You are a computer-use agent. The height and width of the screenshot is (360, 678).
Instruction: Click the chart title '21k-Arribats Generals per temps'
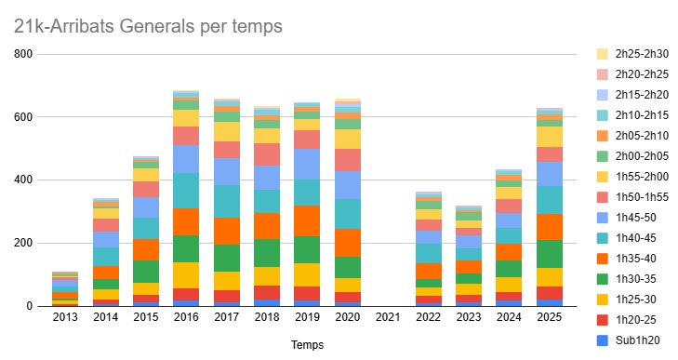(148, 26)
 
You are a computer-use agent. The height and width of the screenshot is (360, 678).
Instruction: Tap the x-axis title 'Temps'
(307, 345)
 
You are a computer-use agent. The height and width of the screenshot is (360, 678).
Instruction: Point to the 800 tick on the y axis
(23, 54)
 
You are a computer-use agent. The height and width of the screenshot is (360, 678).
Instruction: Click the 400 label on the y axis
(23, 180)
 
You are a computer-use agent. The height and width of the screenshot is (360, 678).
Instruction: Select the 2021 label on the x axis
(388, 317)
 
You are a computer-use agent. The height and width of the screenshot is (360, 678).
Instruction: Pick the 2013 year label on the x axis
(65, 317)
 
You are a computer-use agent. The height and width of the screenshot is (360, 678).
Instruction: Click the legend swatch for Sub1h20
(603, 340)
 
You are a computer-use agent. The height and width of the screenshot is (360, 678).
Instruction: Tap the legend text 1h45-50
(635, 218)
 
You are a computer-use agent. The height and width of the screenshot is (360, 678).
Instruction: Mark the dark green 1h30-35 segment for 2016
(186, 248)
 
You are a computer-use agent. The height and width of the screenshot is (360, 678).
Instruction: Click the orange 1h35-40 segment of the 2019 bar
(307, 221)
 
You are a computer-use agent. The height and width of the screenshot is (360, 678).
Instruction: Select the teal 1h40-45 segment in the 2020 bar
(348, 214)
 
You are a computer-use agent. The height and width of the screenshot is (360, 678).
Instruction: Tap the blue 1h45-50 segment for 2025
(549, 174)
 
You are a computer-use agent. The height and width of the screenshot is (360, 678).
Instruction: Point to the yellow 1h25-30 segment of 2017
(226, 281)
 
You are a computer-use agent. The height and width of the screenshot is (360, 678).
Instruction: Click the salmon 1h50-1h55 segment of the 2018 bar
(267, 154)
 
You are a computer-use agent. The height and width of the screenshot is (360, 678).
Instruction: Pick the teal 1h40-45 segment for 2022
(428, 254)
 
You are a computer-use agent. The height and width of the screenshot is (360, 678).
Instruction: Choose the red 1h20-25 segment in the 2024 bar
(509, 297)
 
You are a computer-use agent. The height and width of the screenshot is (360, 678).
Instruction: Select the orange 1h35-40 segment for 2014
(105, 273)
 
